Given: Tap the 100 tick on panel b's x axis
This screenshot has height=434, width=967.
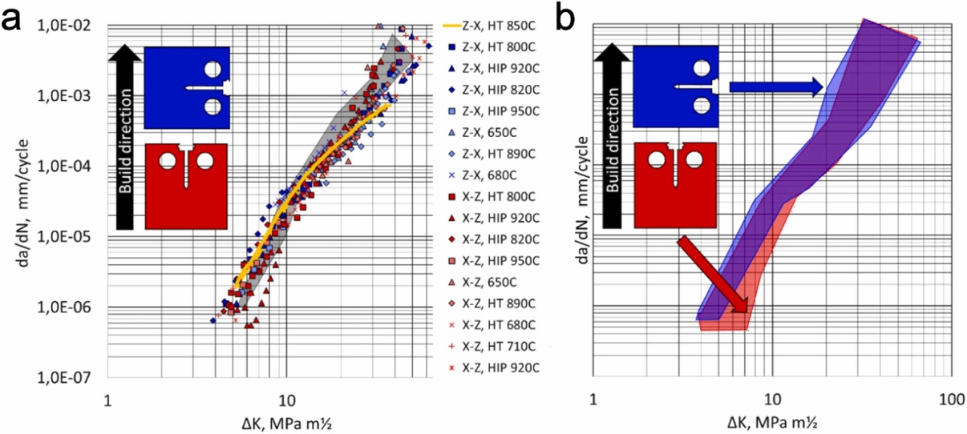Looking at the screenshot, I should click(x=950, y=397).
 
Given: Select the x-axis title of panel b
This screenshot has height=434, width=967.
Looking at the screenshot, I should click(x=771, y=420).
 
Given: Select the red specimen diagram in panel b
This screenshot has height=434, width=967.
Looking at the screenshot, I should click(x=674, y=186).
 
